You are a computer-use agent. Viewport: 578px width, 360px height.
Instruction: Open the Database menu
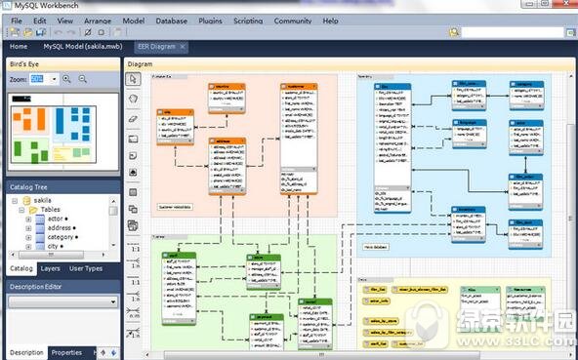[x=171, y=20]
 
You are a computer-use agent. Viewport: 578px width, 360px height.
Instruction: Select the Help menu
[x=330, y=20]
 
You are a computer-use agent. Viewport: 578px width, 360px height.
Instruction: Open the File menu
[x=17, y=20]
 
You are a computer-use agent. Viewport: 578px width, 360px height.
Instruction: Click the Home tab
[x=19, y=46]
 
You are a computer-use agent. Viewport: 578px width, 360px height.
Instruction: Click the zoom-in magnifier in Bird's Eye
[x=67, y=78]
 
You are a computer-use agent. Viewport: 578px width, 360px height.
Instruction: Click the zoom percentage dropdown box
[x=44, y=78]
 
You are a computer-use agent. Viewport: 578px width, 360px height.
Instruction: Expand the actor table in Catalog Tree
[x=28, y=220]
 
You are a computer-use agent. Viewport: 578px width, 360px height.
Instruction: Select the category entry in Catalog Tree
[x=62, y=236]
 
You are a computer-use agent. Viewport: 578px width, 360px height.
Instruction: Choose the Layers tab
[x=50, y=267]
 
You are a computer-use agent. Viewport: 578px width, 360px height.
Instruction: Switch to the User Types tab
[x=86, y=267]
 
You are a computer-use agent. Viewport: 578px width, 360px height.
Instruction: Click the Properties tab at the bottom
[x=66, y=352]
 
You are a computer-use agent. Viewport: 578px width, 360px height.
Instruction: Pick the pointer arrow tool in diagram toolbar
[x=134, y=79]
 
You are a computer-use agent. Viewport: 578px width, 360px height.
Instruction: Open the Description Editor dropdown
[x=62, y=302]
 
